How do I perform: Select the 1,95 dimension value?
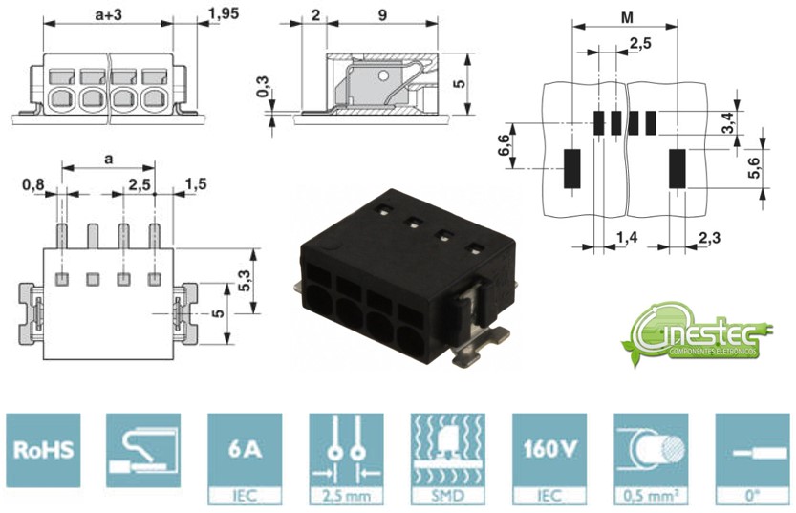tap(223, 15)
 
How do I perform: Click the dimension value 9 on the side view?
tap(382, 15)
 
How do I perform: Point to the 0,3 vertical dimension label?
tap(263, 91)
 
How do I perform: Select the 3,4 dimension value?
tap(728, 121)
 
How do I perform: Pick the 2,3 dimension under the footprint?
tap(708, 237)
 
